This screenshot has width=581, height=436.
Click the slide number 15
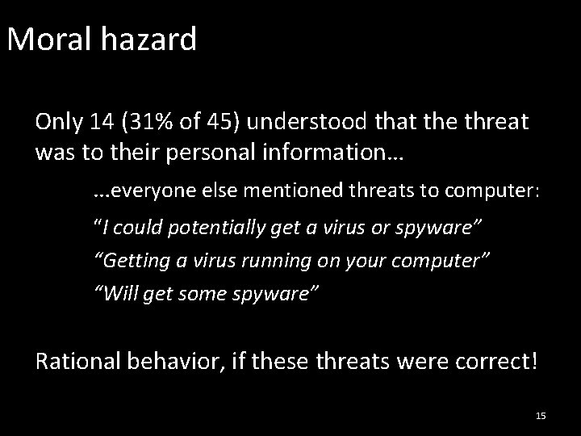click(541, 416)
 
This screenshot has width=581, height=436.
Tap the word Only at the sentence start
click(59, 122)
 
